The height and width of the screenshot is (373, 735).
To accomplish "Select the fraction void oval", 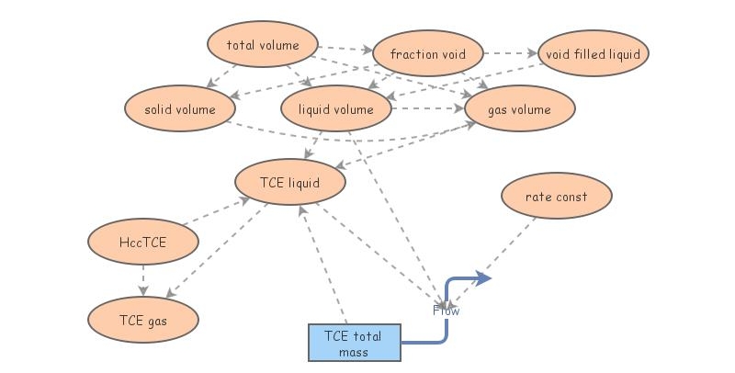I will pyautogui.click(x=427, y=54).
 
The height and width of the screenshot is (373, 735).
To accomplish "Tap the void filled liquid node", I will pyautogui.click(x=593, y=54).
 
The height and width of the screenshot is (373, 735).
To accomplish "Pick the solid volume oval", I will pyautogui.click(x=180, y=109).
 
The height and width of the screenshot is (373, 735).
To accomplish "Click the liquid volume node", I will pyautogui.click(x=336, y=109).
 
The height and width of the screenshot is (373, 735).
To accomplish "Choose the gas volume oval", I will pyautogui.click(x=520, y=109).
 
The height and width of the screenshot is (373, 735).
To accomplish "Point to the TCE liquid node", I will pyautogui.click(x=290, y=183).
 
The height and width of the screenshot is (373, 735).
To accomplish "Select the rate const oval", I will pyautogui.click(x=556, y=197).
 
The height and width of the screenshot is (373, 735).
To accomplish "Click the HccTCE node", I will pyautogui.click(x=142, y=243).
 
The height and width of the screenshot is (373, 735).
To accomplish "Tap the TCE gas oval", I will pyautogui.click(x=142, y=319).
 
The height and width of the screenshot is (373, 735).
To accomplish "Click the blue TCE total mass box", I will pyautogui.click(x=354, y=343).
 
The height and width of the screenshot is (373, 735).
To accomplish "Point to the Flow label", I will pyautogui.click(x=447, y=311).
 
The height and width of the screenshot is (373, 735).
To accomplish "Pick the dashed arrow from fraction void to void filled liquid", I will pyautogui.click(x=509, y=54).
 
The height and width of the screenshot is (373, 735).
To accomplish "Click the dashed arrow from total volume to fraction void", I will pyautogui.click(x=346, y=48).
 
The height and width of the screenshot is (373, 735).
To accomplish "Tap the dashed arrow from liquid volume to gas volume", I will pyautogui.click(x=428, y=109).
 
